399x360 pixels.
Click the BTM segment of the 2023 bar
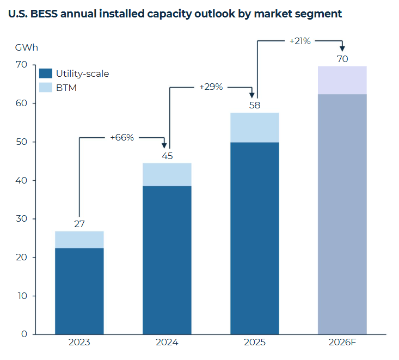click(x=79, y=240)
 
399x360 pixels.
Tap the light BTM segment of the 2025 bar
click(x=255, y=127)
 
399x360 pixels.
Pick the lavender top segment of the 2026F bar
click(x=342, y=80)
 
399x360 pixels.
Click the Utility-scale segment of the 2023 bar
click(x=79, y=291)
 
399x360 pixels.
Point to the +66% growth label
click(x=122, y=137)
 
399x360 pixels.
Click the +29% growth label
click(x=211, y=87)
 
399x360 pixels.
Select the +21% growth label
click(x=300, y=40)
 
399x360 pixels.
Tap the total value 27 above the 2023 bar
click(x=79, y=223)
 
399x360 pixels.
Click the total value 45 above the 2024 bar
click(x=167, y=155)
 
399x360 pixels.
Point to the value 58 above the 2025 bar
click(x=255, y=105)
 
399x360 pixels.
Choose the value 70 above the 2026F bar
click(x=342, y=58)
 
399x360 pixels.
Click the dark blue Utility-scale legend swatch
click(x=46, y=74)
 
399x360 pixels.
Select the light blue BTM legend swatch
click(x=46, y=87)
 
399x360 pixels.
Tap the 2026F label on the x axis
click(x=342, y=343)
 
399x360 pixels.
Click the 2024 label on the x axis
click(x=167, y=343)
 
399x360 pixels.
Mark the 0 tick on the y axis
click(x=23, y=334)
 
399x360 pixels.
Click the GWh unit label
click(x=27, y=47)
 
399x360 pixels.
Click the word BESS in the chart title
click(x=45, y=14)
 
